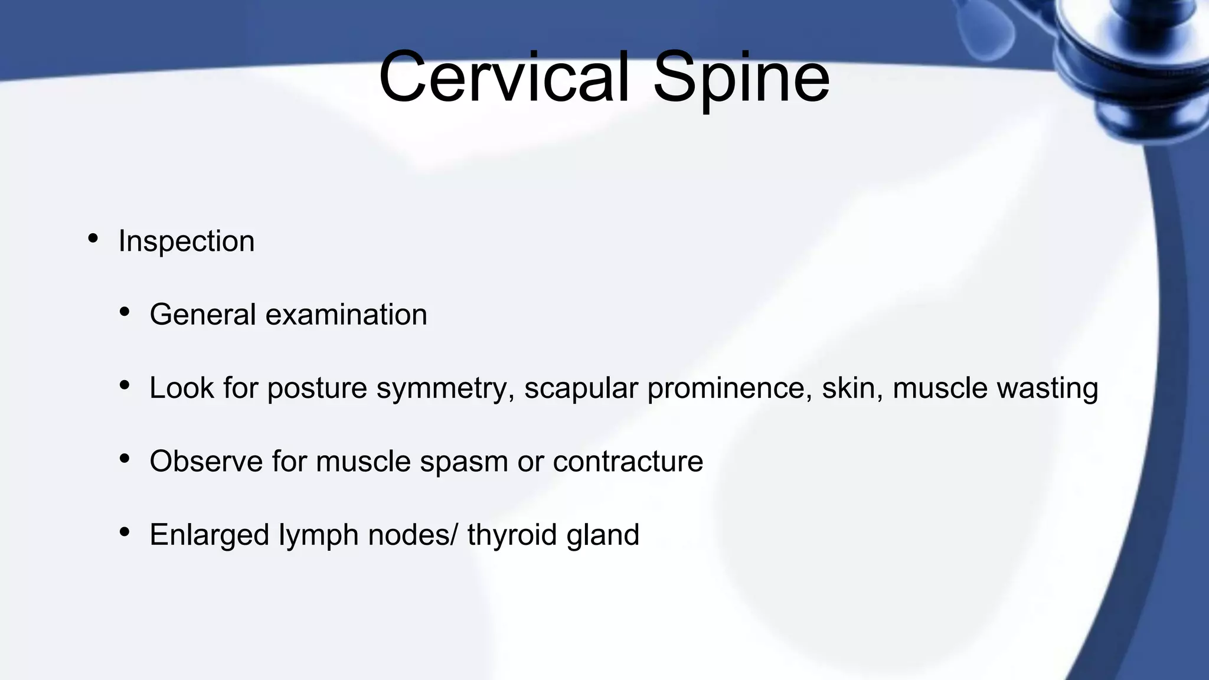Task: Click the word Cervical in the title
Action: (505, 77)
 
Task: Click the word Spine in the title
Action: (741, 77)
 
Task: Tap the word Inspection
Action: (186, 241)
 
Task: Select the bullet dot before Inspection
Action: (93, 239)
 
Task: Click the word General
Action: (202, 315)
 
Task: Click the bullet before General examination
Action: (124, 312)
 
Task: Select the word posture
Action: (317, 389)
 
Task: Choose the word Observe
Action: (206, 461)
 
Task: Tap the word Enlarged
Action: (210, 535)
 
